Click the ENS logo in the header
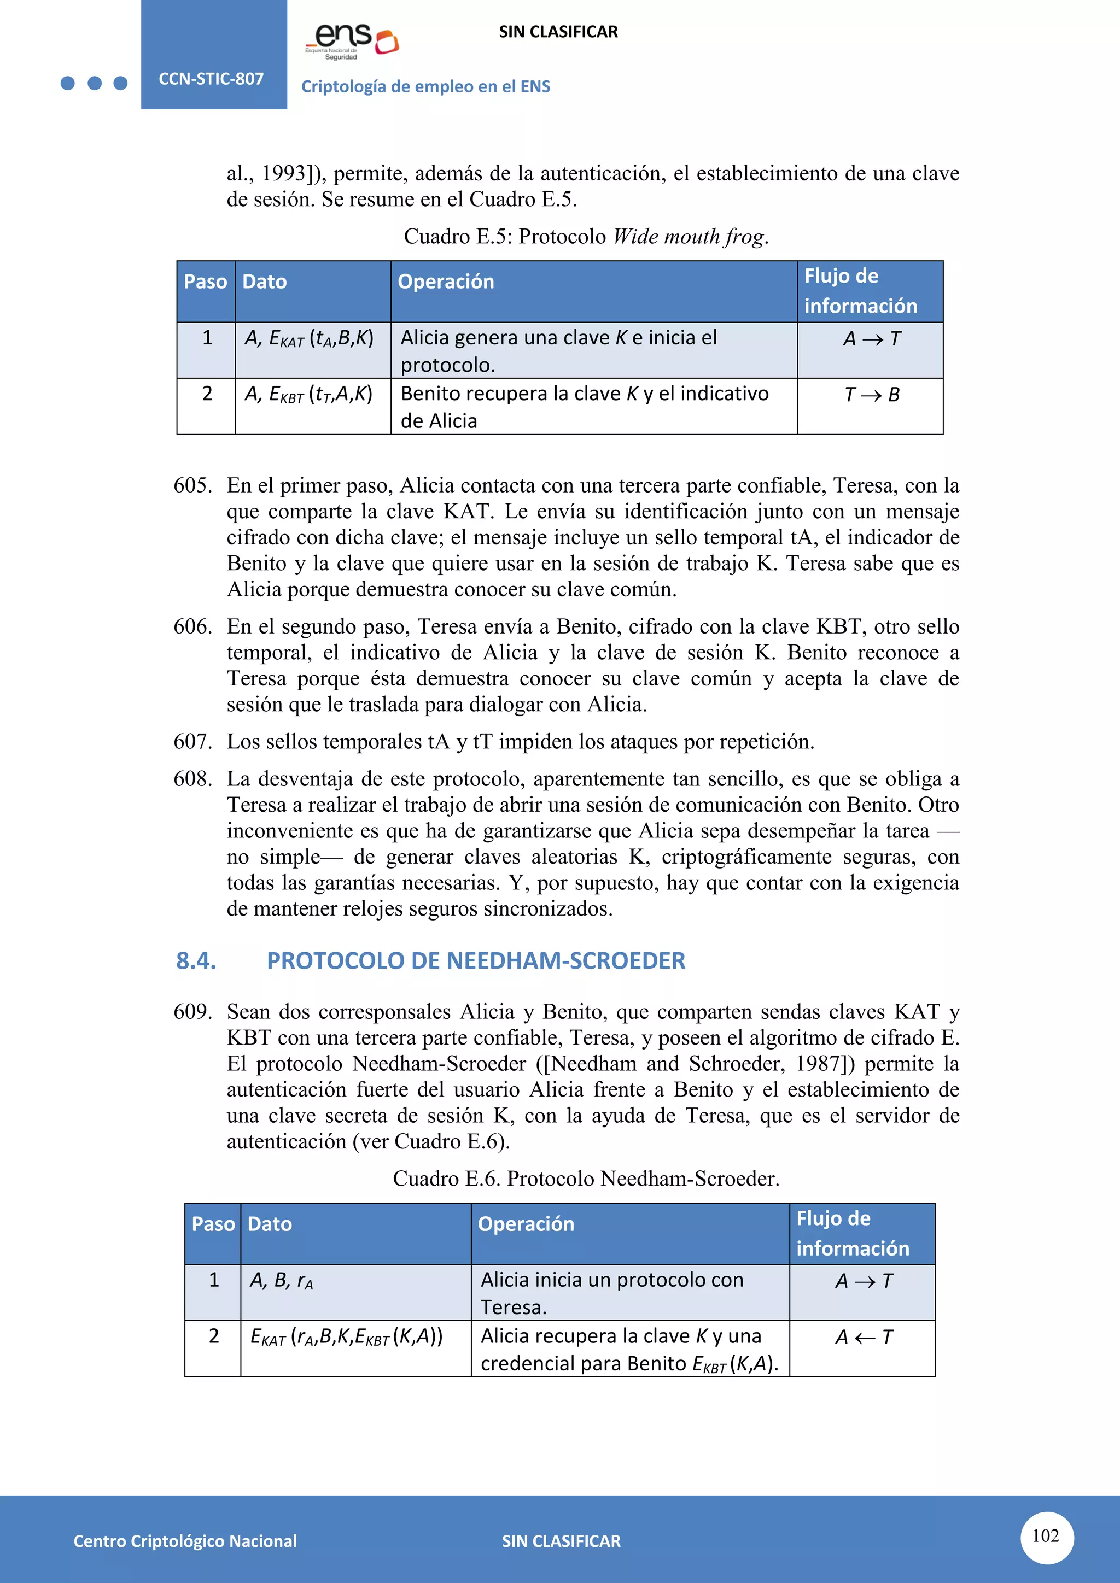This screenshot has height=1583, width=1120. (352, 40)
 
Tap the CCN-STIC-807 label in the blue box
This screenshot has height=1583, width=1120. (211, 79)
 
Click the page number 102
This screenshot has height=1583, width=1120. (1046, 1535)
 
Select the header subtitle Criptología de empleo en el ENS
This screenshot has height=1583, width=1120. (425, 87)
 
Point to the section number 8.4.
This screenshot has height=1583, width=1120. (196, 960)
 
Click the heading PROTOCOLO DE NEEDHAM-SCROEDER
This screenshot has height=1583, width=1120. (476, 960)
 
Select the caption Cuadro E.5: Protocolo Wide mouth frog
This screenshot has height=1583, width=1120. (586, 237)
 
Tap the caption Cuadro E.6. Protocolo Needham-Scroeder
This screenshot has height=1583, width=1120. (586, 1179)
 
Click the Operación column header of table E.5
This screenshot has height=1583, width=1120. (446, 282)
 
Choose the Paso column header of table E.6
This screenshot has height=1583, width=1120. (213, 1224)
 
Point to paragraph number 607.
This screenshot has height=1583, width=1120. (192, 742)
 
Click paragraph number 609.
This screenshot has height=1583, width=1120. (192, 1011)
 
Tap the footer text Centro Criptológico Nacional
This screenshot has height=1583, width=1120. (185, 1541)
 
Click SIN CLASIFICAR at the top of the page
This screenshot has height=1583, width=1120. (558, 32)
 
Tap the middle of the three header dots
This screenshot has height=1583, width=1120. (95, 84)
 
